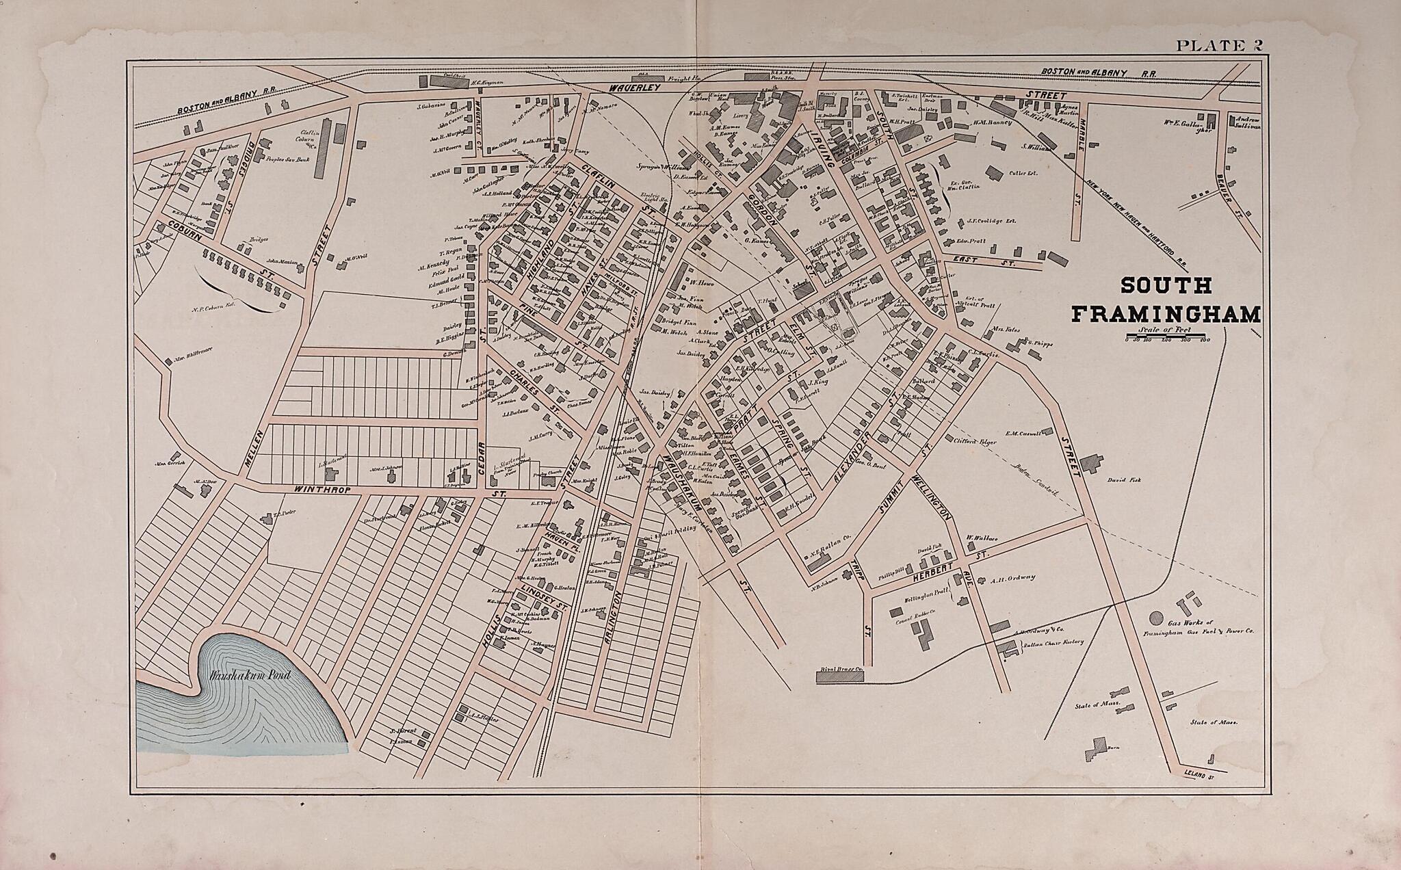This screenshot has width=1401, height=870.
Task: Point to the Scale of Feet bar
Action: tap(1168, 335)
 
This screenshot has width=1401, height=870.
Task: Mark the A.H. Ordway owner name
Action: tap(1012, 578)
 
